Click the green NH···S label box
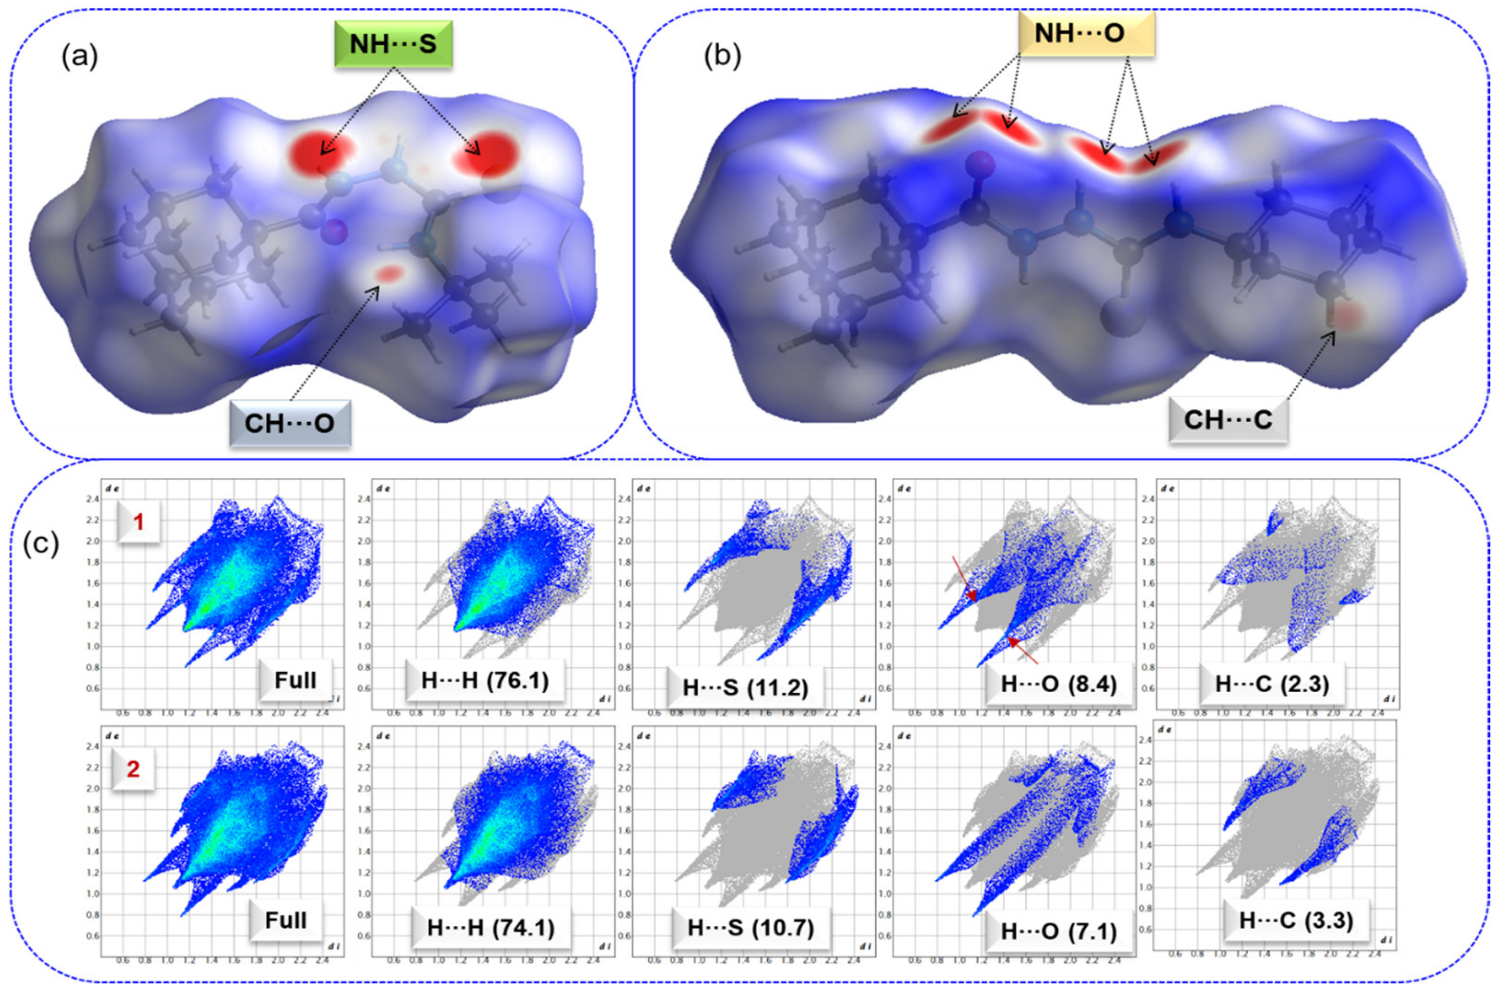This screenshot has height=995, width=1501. (x=393, y=44)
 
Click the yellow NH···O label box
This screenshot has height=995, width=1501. (x=1085, y=34)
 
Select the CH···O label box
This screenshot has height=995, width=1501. (x=290, y=423)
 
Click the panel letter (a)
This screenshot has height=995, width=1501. (x=79, y=57)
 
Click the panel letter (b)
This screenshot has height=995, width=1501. (x=722, y=57)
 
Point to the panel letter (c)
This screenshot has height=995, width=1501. (x=41, y=544)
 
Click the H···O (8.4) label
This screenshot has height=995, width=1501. (x=1058, y=684)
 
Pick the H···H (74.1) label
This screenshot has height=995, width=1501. (x=490, y=928)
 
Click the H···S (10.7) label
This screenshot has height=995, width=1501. (x=750, y=928)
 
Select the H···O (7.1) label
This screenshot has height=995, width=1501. (x=1058, y=931)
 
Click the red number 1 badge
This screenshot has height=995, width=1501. (x=138, y=522)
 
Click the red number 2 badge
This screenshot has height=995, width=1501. (x=133, y=769)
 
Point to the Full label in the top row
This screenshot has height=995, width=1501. (x=295, y=680)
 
